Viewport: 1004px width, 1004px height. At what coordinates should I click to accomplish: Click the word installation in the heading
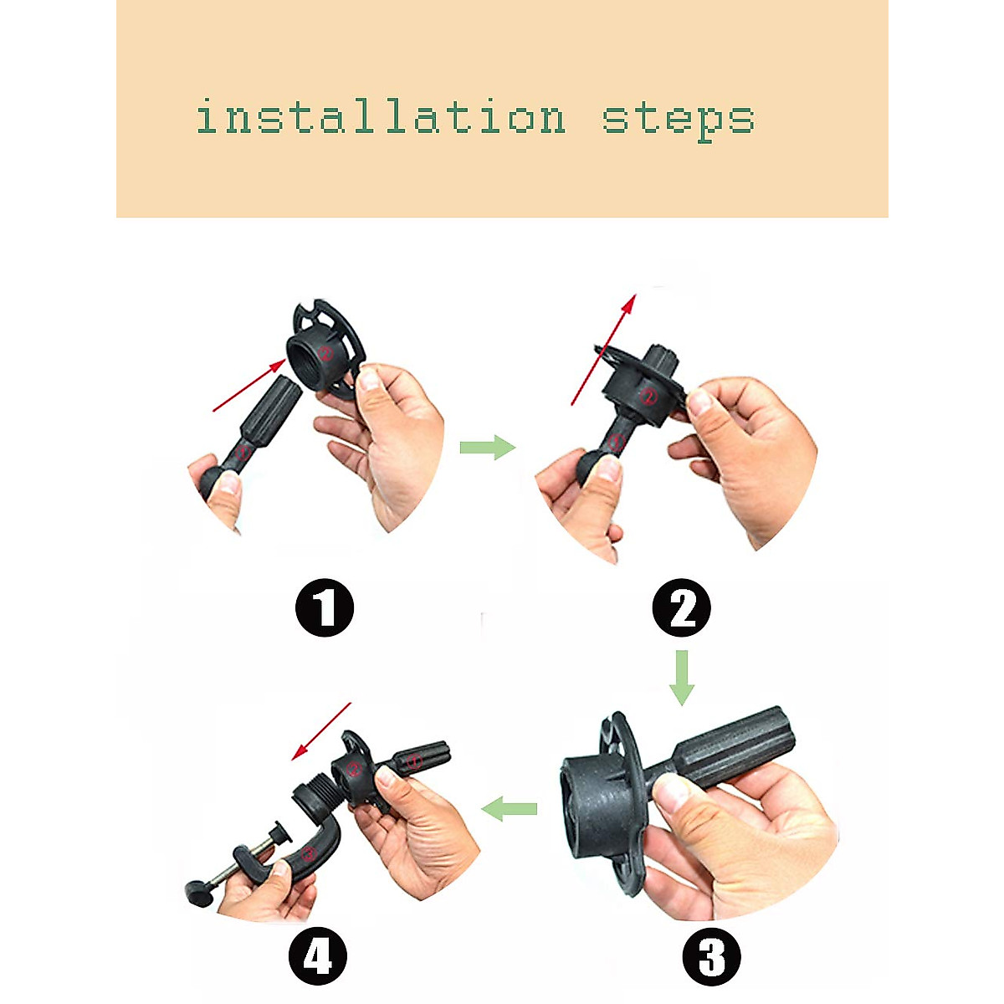381,118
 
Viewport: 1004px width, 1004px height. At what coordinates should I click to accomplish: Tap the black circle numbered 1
325,607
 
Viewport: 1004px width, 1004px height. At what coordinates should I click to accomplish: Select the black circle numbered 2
682,607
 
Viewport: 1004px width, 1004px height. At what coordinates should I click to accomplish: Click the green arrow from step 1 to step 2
488,447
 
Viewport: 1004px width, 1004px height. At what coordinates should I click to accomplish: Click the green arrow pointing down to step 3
682,678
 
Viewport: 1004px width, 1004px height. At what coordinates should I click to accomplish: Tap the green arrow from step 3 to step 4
509,808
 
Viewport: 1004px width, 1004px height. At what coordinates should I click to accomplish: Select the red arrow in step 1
249,386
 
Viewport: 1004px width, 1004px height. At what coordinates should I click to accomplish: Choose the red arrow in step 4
321,731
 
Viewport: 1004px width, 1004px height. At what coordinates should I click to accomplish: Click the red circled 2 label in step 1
326,354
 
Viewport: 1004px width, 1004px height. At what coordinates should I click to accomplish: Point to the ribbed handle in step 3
735,745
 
